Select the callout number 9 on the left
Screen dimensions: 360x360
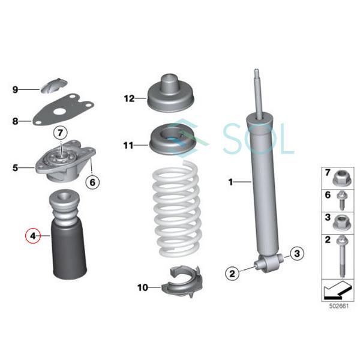coord(16,90)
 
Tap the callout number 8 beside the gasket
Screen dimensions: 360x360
coord(16,121)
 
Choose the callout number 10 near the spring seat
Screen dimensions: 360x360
coord(142,288)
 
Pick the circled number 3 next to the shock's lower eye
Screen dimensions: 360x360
coord(295,255)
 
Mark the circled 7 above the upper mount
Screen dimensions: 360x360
coord(59,131)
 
